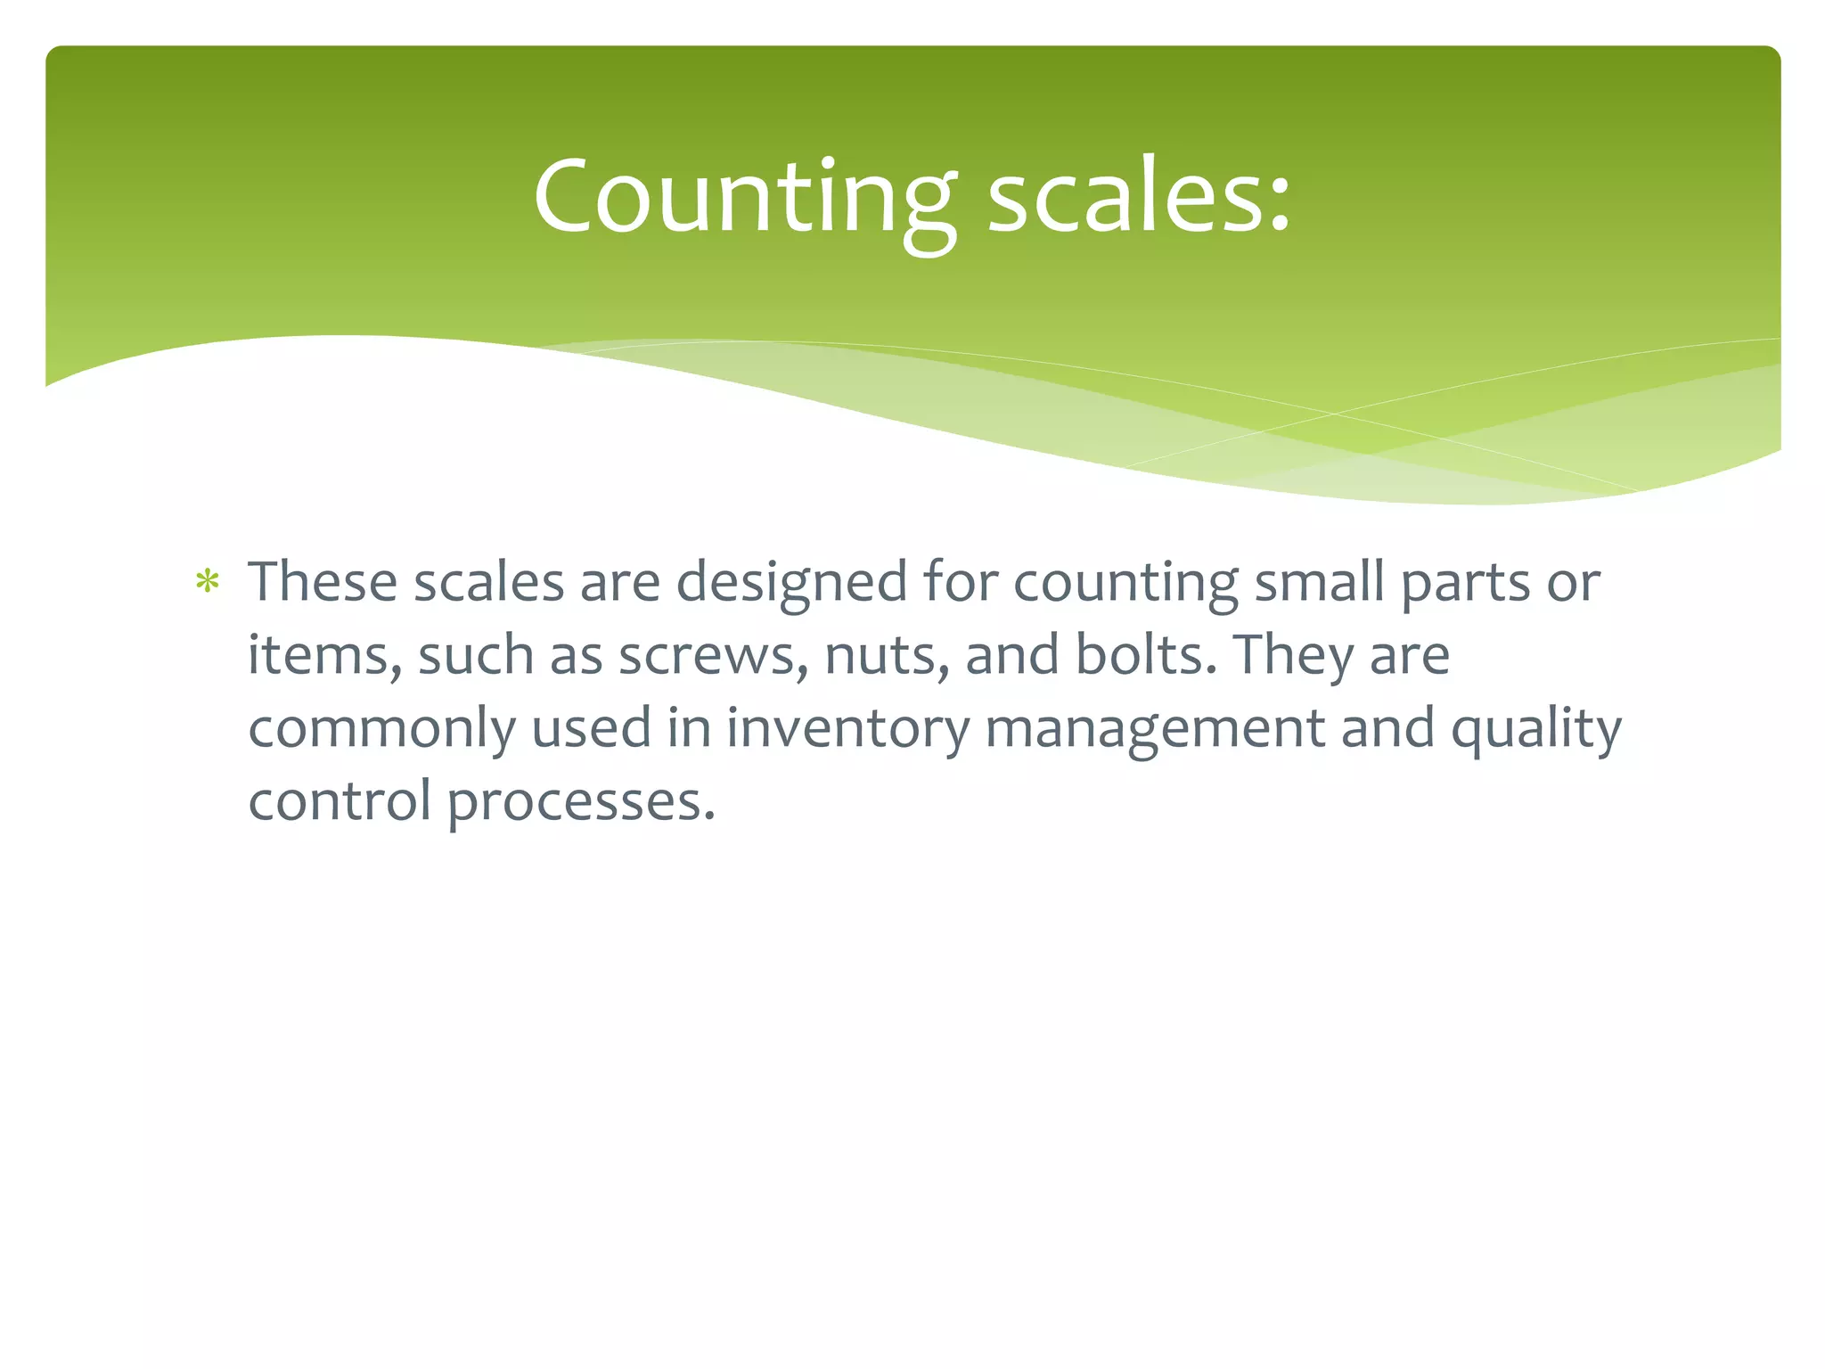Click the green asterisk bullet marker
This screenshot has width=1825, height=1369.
point(208,583)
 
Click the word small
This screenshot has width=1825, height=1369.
point(1319,582)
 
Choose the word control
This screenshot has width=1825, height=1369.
point(340,801)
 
